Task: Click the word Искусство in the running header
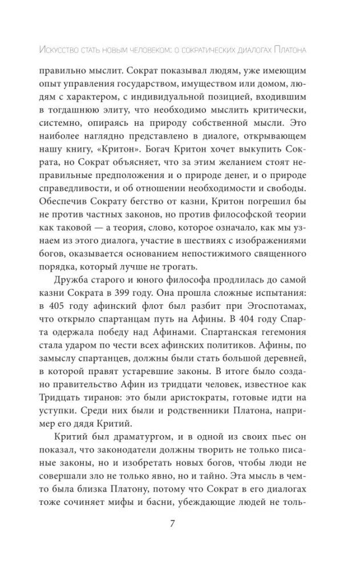coord(59,50)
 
